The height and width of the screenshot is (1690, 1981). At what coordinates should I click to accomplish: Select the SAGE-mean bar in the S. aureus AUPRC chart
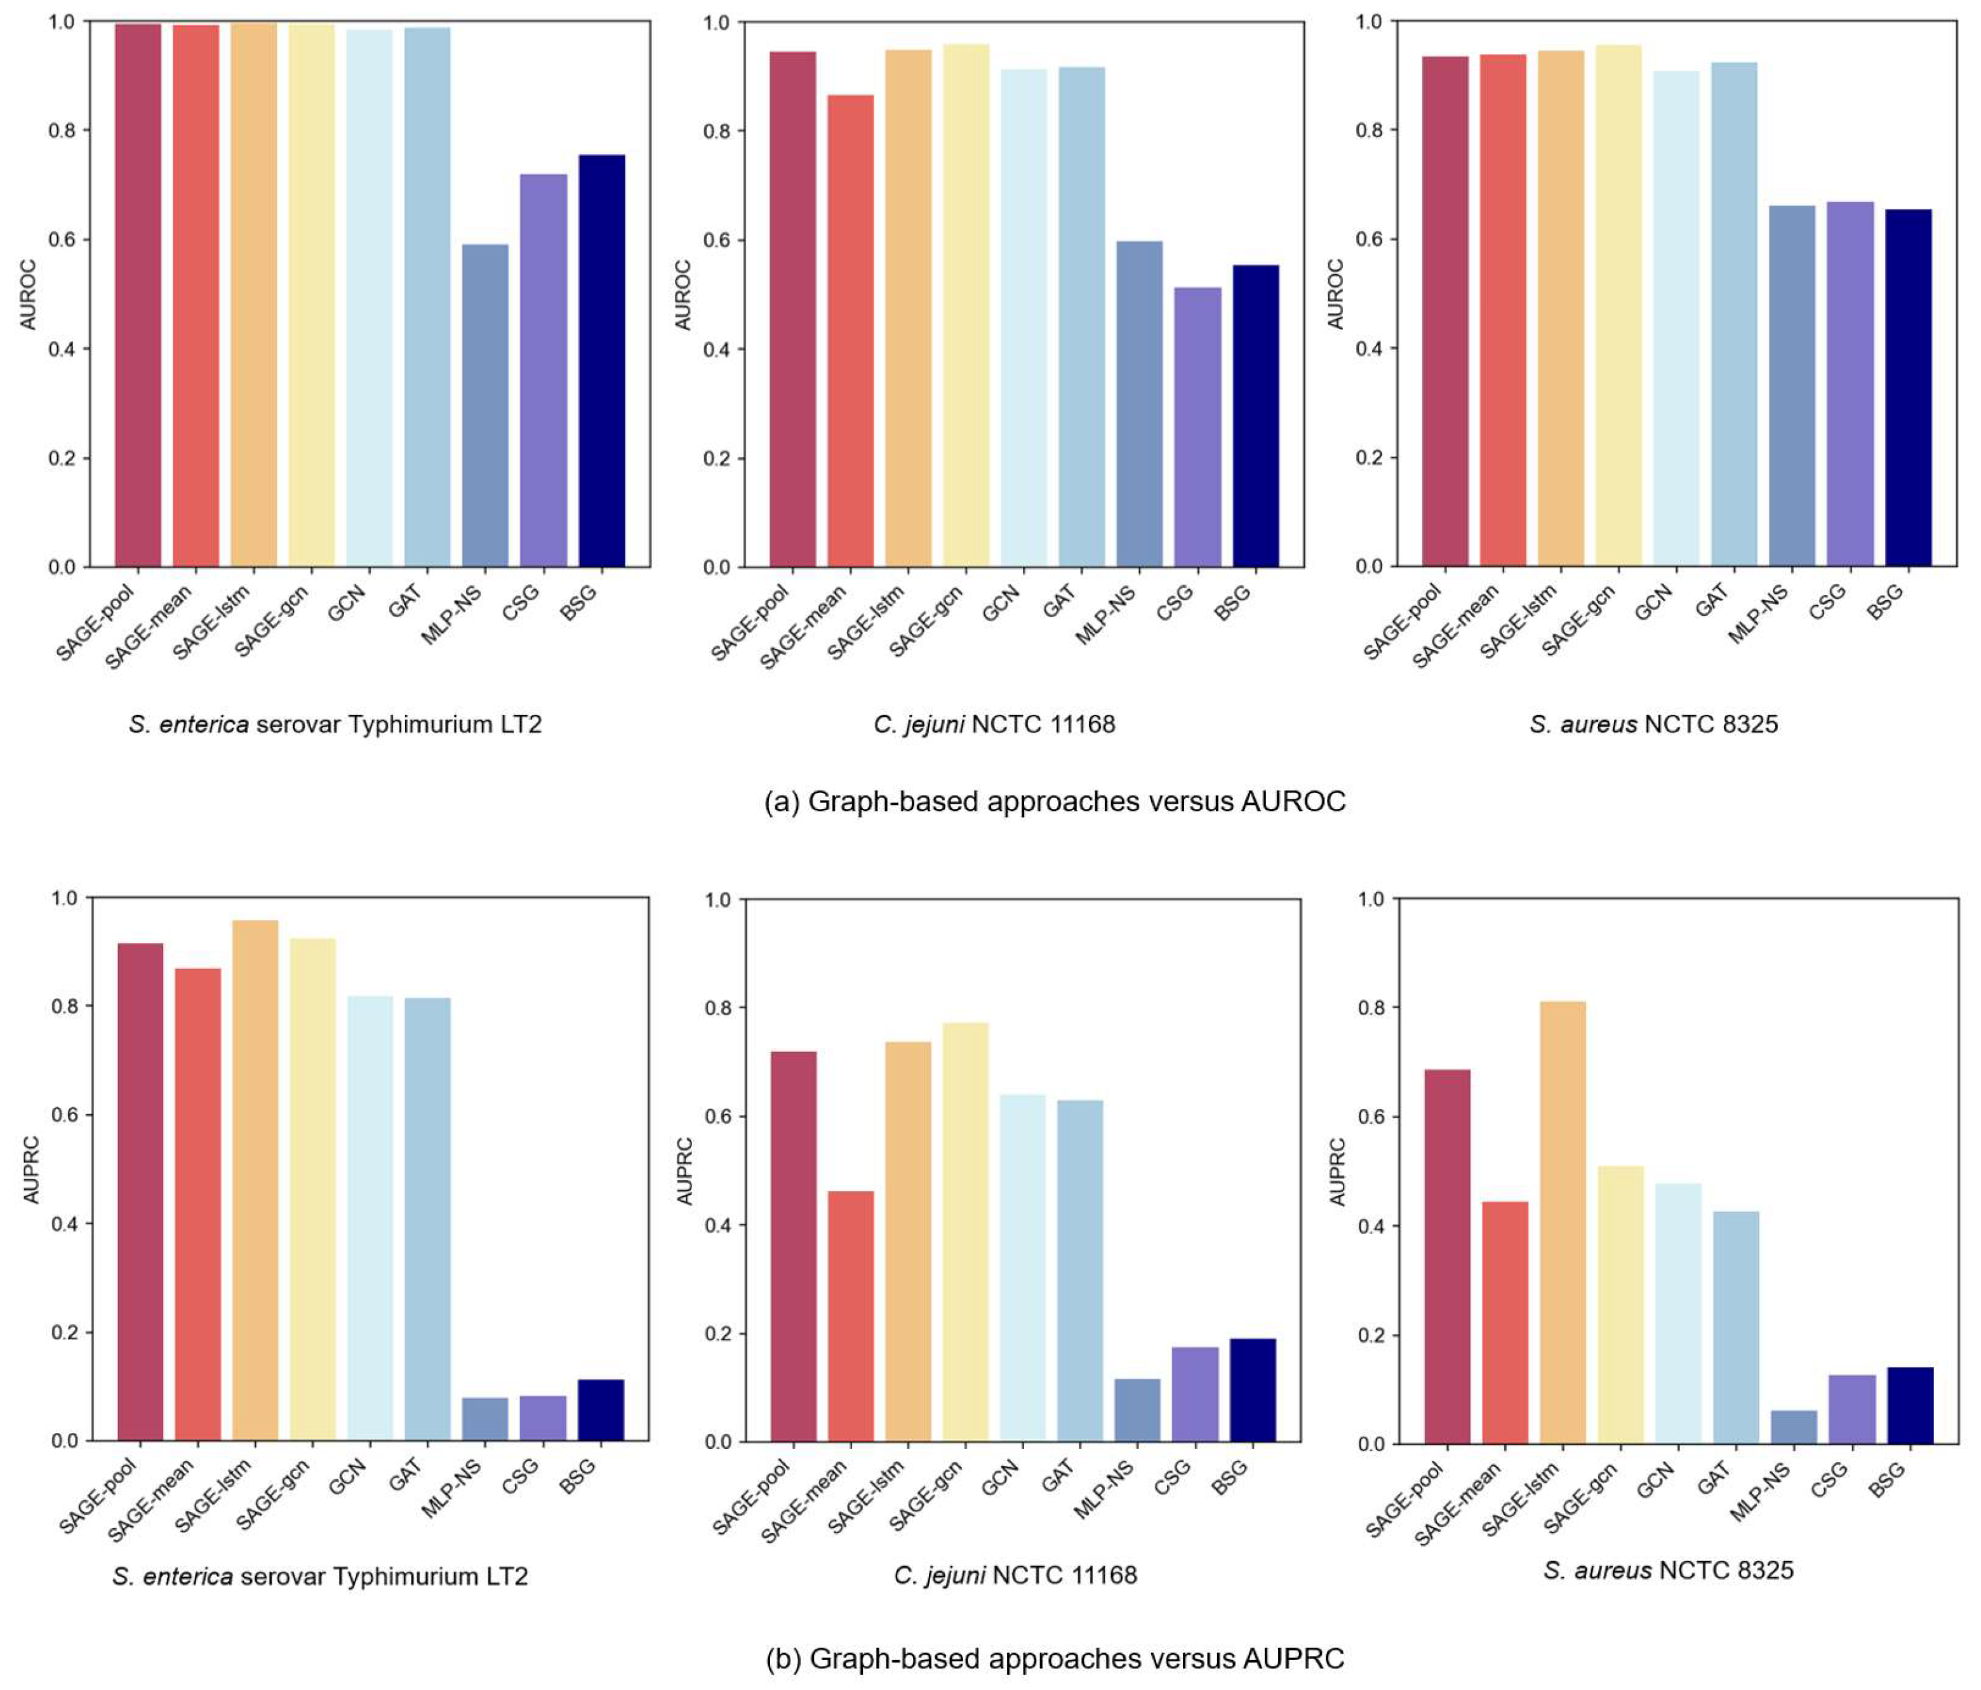[x=1505, y=1323]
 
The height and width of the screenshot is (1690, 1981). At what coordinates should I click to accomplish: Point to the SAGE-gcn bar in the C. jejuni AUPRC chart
[x=966, y=1233]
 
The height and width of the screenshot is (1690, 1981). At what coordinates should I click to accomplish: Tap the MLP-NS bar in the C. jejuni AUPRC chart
[x=1138, y=1410]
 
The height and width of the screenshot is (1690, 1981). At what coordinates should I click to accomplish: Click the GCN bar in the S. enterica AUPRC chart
[x=370, y=1219]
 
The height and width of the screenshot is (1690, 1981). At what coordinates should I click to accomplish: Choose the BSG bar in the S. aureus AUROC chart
[x=1909, y=388]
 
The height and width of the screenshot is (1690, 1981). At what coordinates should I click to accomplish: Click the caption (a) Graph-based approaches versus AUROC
[x=1055, y=801]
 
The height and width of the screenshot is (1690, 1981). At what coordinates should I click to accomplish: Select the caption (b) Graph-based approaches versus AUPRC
[x=1055, y=1658]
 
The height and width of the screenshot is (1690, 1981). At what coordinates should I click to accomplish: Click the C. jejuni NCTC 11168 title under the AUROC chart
[x=994, y=724]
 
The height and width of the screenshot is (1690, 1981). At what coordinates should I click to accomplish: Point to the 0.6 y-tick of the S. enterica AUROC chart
[x=62, y=239]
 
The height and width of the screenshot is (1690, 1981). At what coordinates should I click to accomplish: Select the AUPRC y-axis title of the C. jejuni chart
[x=684, y=1171]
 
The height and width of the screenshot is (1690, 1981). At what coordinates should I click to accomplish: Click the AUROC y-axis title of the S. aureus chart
[x=1336, y=295]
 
